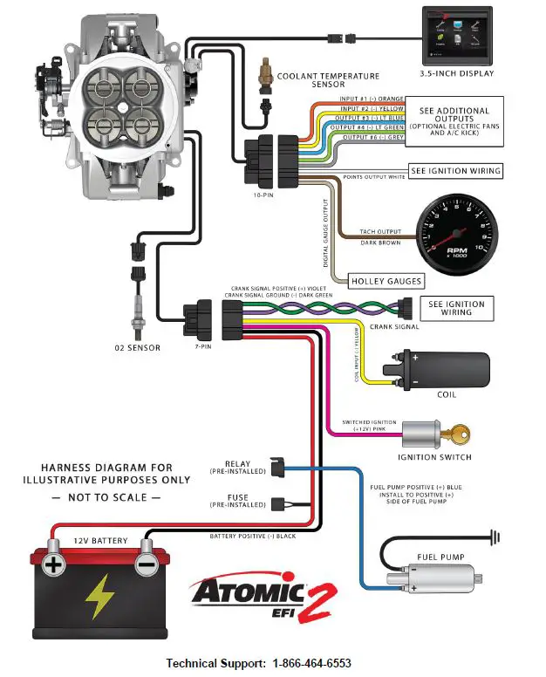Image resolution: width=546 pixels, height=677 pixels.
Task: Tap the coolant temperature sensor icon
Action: [x=265, y=77]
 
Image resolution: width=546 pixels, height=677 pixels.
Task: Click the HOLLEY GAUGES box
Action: [x=386, y=281]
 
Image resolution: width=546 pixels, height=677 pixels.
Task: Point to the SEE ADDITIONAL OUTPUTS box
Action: [x=454, y=121]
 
